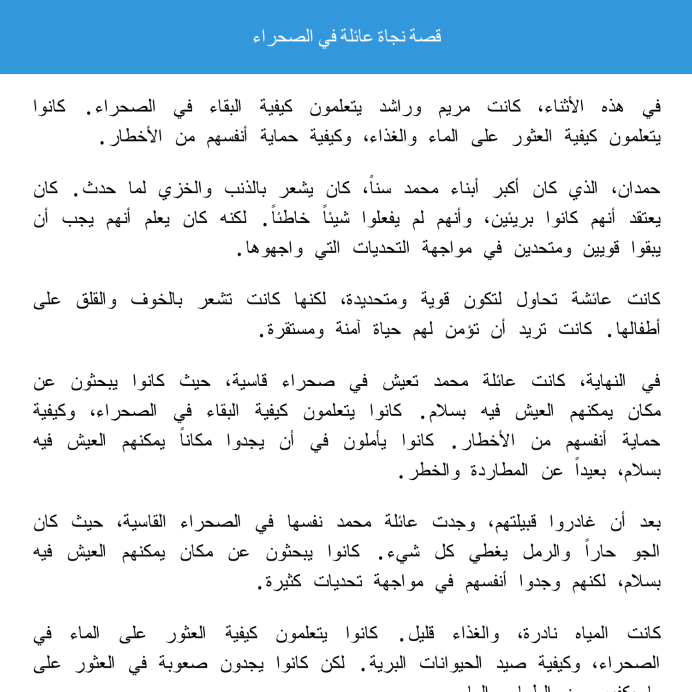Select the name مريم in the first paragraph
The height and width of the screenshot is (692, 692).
[454, 107]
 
